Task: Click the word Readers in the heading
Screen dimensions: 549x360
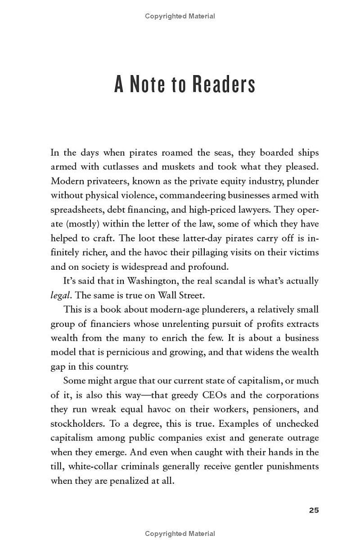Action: [x=224, y=85]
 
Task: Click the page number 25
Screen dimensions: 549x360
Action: [x=314, y=510]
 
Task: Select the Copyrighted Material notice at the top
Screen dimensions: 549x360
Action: [x=180, y=16]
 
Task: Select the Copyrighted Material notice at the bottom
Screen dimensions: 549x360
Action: [x=180, y=534]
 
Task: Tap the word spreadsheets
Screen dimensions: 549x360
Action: [x=78, y=210]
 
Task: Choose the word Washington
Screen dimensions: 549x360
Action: [x=155, y=281]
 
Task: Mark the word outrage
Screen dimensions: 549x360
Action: [x=302, y=438]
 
